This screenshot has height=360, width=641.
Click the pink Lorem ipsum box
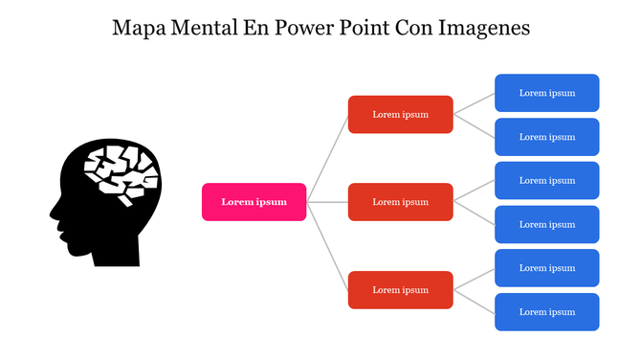tap(254, 202)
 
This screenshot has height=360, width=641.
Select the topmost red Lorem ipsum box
tap(400, 114)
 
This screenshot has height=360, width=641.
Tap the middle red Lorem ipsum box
tap(400, 202)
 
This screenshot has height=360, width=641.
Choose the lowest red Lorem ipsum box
tap(400, 289)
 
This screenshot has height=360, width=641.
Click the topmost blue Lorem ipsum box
tap(546, 93)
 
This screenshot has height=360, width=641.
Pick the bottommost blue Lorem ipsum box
tap(546, 312)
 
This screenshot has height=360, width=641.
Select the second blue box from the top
tap(546, 137)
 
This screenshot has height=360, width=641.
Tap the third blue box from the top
tap(546, 181)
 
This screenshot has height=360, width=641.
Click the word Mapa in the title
tap(139, 28)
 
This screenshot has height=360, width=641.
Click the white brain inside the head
tap(119, 173)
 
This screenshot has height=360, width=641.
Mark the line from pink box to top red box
tap(328, 158)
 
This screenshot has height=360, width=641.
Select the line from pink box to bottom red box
tap(328, 246)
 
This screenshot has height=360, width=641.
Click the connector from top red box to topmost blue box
tap(474, 103)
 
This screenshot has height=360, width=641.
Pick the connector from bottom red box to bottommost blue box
tap(474, 301)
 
